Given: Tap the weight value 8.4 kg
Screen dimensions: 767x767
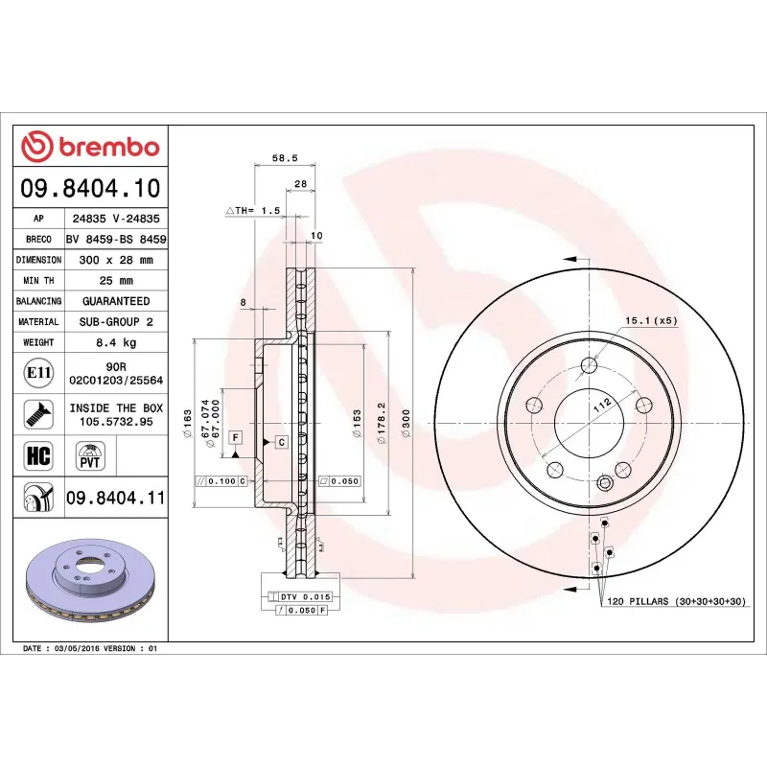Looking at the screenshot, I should [115, 342].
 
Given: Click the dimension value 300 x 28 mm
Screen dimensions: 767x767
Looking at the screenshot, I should [115, 260].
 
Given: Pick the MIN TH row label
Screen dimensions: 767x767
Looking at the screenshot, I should [38, 281].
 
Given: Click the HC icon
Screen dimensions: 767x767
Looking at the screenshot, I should [37, 454].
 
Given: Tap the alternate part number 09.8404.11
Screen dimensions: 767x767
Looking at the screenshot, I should [115, 498].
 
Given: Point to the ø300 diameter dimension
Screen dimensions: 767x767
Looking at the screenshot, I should [406, 423].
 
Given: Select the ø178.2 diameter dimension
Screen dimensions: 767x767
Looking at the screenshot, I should [381, 423].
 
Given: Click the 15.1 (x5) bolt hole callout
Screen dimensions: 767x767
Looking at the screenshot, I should [651, 319].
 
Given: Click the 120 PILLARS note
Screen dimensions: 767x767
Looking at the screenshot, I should [671, 601].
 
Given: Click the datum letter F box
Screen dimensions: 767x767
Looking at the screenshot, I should [235, 437].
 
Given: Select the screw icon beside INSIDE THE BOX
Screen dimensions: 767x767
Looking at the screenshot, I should [37, 414].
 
